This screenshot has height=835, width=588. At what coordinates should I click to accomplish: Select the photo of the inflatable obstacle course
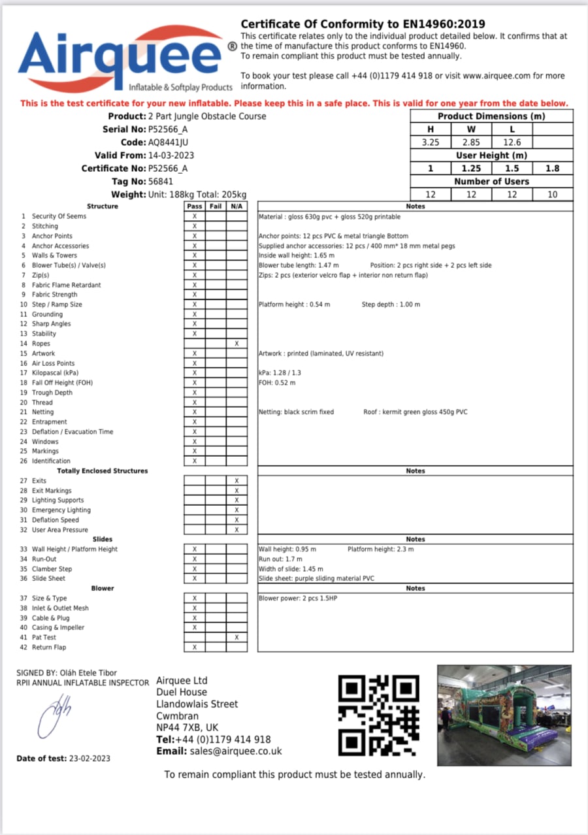coord(503,715)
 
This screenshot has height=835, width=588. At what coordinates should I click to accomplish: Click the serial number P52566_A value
coord(168,129)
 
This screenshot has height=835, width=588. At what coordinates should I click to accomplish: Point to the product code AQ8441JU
coord(169,142)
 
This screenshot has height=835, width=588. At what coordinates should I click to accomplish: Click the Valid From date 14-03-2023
coord(171,156)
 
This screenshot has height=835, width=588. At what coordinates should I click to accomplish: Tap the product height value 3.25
coord(431,142)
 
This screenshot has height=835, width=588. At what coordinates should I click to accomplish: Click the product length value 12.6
coord(512,142)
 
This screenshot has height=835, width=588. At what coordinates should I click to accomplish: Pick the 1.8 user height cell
coord(553,169)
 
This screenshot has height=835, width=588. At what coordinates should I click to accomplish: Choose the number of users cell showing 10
coord(553,195)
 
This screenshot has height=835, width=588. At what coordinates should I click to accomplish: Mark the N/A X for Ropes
coord(237,344)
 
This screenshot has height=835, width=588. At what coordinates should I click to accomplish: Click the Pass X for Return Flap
coord(195,647)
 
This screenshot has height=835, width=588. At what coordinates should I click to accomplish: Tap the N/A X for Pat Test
coord(237,638)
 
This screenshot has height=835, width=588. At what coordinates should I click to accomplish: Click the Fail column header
coord(216,206)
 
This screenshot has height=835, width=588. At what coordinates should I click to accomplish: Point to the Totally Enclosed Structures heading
coord(103,471)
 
